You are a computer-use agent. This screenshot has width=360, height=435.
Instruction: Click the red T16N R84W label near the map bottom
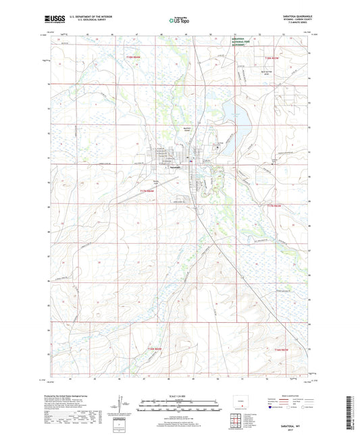(155, 348)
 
